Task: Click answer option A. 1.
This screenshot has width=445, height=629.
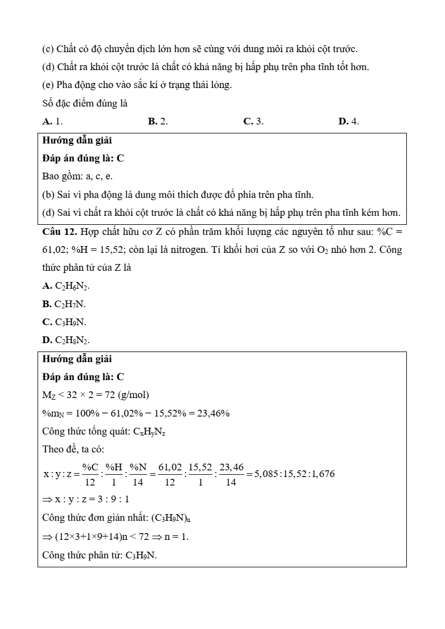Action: (x=52, y=121)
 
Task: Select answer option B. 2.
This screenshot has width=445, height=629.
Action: (x=158, y=121)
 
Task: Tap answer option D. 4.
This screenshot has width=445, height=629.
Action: (x=349, y=121)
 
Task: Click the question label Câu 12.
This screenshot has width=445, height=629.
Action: (x=59, y=232)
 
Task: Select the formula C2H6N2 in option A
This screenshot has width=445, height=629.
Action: (x=72, y=286)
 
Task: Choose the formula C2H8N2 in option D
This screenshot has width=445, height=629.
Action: (x=72, y=340)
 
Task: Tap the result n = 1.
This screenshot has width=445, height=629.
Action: (x=177, y=536)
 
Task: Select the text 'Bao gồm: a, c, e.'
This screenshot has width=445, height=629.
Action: (x=77, y=176)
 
